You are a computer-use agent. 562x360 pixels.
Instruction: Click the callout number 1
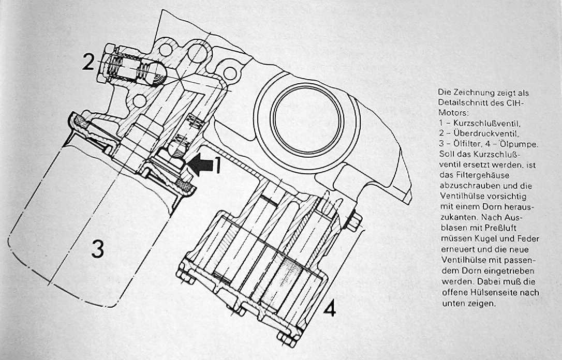tap(218, 165)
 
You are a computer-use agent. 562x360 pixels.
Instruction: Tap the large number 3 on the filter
tap(98, 249)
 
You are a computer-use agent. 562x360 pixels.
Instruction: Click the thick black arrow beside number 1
tap(200, 164)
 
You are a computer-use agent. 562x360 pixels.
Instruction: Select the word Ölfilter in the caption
tap(459, 145)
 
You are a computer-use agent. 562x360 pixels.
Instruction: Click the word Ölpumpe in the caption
tap(519, 145)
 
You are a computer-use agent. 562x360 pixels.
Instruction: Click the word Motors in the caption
tap(451, 113)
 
